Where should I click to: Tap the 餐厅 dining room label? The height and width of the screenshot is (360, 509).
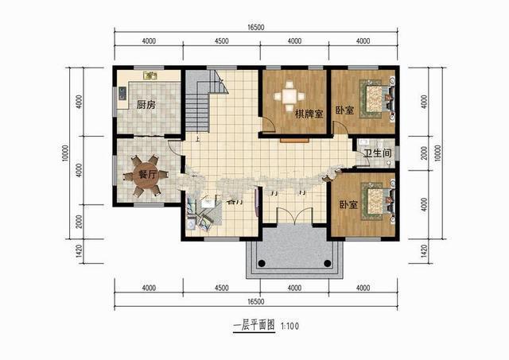(146, 173)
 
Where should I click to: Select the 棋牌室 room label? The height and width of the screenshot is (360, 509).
(309, 114)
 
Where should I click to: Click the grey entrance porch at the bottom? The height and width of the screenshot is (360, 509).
(293, 252)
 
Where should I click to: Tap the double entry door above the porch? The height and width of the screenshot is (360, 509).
(293, 218)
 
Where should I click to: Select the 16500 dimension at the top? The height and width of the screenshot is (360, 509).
(255, 27)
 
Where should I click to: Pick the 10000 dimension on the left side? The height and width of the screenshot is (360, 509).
(64, 153)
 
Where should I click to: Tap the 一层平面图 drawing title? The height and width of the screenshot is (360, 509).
(253, 327)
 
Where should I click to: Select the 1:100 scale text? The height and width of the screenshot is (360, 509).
(289, 327)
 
